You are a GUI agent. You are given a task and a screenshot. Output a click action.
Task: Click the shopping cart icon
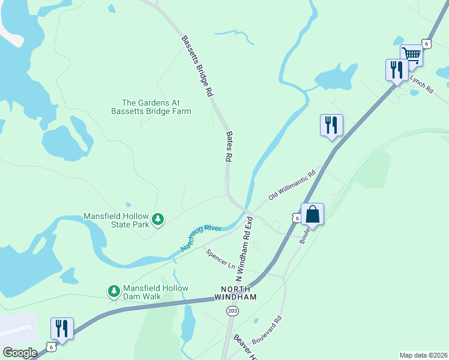[x=412, y=54]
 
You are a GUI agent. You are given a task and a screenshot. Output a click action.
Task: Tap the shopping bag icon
[x=312, y=214]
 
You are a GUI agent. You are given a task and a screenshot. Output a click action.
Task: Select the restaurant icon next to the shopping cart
[x=396, y=70]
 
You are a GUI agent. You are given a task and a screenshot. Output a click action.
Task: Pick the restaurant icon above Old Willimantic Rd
[x=331, y=125]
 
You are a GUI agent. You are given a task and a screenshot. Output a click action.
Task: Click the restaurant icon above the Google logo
[x=62, y=328]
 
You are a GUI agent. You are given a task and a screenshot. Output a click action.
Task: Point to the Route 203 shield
[x=232, y=311]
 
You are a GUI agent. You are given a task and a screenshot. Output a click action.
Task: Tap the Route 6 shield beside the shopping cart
[x=426, y=43]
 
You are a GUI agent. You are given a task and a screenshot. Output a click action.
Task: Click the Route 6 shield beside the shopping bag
[x=297, y=218]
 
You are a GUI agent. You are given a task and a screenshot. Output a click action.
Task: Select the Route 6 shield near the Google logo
[x=52, y=347]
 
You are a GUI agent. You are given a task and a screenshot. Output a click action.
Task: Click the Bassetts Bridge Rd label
[x=197, y=66]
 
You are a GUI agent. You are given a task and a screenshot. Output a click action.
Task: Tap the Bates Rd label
[x=228, y=148]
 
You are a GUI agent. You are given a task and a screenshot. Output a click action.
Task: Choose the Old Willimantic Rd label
[x=292, y=185]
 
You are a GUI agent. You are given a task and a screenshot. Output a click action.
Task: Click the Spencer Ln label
[x=221, y=259]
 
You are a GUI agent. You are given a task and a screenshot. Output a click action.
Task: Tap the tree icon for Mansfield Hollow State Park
[x=158, y=220]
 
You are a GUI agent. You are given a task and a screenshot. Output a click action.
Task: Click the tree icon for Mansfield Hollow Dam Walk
[x=113, y=292]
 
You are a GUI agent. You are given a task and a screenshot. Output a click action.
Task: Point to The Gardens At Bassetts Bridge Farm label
[x=151, y=107]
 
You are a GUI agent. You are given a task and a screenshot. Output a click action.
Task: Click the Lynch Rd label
[x=421, y=84]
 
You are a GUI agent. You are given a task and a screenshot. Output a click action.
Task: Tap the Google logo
[x=20, y=353]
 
